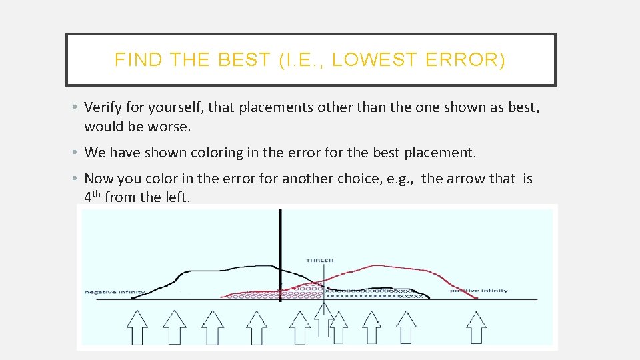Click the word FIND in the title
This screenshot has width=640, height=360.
click(x=138, y=60)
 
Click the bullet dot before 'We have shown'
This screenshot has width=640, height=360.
click(x=77, y=153)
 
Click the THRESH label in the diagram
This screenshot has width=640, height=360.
click(x=320, y=260)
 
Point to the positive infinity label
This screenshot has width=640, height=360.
click(x=479, y=291)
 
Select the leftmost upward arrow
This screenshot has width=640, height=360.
click(x=137, y=326)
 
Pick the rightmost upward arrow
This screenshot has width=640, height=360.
click(x=476, y=327)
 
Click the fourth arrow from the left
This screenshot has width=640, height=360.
click(x=257, y=327)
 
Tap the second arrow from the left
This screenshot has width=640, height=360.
click(x=175, y=327)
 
